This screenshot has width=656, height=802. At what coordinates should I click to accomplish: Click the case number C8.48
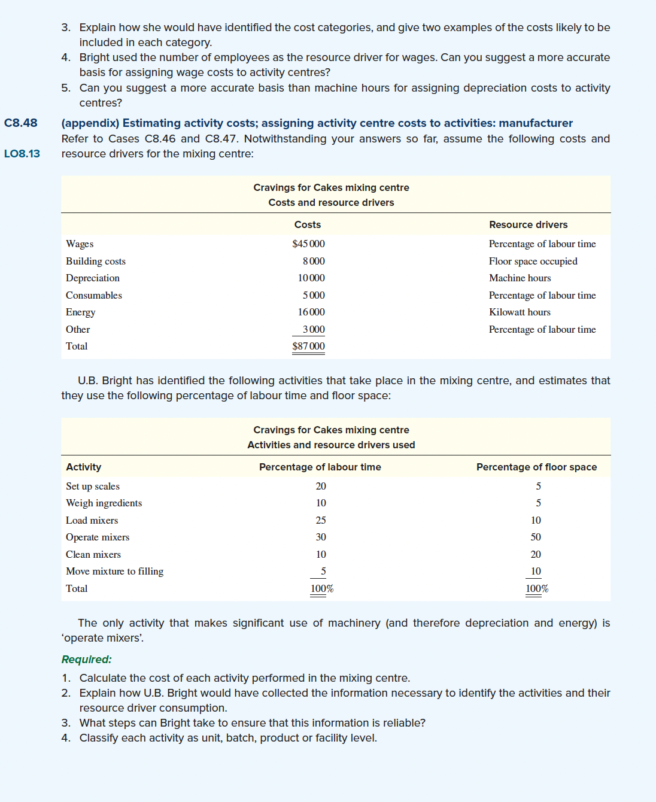point(21,123)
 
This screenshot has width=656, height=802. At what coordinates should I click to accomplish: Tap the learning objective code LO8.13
point(22,154)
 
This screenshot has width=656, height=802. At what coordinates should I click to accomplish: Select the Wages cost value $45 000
point(308,244)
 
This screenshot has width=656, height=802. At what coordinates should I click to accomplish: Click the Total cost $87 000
point(308,347)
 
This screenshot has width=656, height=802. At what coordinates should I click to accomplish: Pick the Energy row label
point(80,312)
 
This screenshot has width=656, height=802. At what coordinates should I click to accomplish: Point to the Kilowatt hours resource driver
point(520,312)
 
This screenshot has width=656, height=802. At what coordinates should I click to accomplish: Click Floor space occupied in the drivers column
point(533,262)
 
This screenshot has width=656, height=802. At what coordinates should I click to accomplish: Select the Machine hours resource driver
point(520,278)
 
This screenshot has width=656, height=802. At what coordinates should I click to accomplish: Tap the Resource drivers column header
point(528,225)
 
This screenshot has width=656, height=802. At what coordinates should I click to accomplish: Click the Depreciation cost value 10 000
point(311,278)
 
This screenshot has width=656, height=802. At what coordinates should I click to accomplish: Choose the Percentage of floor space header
point(536,467)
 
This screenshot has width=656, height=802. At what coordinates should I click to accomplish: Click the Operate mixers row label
point(98,537)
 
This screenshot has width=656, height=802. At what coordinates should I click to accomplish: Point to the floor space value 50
point(536,537)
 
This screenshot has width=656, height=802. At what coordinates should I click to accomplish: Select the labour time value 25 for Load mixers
point(321,521)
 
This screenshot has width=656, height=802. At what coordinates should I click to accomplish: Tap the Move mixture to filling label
point(114,572)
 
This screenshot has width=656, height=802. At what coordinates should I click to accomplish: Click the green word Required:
point(86,660)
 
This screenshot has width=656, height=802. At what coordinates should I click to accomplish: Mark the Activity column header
point(83,467)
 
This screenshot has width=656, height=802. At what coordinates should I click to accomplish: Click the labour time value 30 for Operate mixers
point(321,537)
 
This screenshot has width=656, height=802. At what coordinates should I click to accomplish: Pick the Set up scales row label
point(93,487)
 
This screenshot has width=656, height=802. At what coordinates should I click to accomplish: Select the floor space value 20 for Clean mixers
point(536,555)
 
